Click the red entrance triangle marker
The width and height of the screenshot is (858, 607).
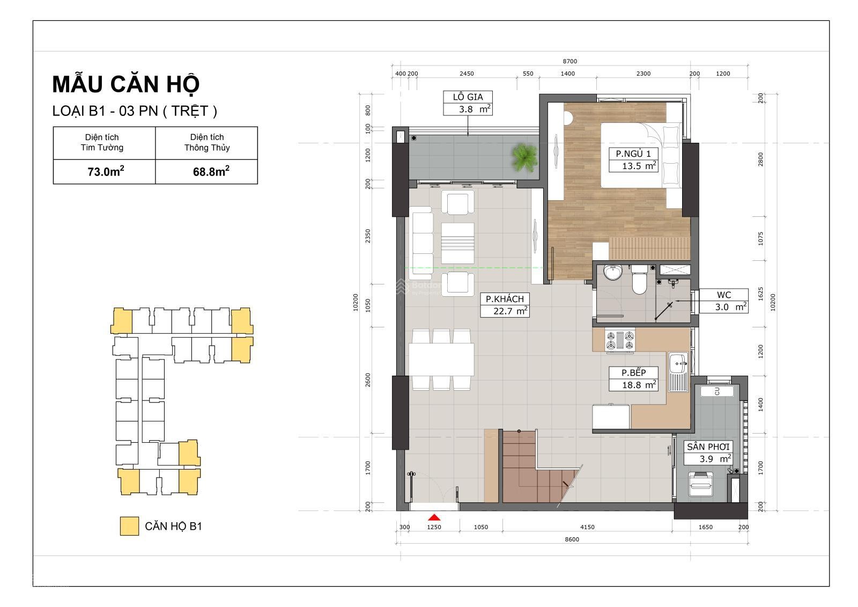click(434, 517)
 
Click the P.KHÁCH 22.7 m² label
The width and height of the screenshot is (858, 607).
click(505, 305)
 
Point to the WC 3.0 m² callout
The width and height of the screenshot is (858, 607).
click(723, 301)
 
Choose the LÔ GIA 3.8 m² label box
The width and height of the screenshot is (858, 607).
click(468, 103)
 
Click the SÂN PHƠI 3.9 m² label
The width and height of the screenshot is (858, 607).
click(708, 453)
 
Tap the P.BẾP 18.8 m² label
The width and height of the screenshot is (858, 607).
click(633, 379)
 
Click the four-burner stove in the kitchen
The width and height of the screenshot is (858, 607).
click(620, 340)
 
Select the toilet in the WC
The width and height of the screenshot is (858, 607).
click(639, 280)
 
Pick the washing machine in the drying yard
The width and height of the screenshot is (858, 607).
click(700, 484)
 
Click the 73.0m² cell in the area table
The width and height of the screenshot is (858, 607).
click(104, 172)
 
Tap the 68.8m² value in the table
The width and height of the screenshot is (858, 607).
click(211, 171)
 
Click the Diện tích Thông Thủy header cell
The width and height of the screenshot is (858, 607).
click(207, 143)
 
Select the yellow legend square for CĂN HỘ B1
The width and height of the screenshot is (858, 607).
click(129, 526)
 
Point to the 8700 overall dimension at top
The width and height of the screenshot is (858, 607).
click(570, 61)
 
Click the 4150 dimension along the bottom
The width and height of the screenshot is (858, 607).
click(587, 527)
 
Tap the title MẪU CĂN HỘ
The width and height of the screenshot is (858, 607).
click(125, 84)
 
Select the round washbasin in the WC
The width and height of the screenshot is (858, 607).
click(613, 273)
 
